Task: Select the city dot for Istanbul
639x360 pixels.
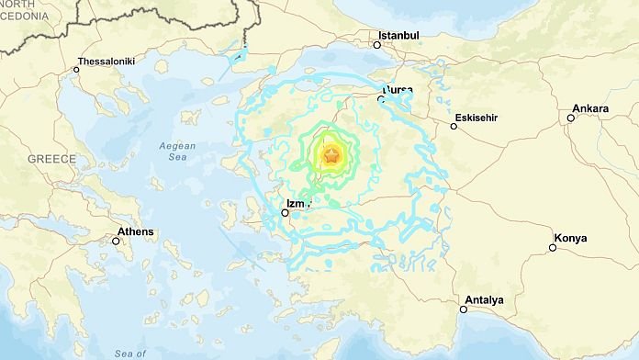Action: (376, 44)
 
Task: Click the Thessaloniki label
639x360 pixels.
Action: (106, 61)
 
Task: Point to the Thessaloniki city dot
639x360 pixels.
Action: (76, 70)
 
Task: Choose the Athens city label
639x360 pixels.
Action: (135, 231)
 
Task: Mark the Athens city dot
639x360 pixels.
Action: (116, 242)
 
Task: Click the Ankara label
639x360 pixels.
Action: (589, 108)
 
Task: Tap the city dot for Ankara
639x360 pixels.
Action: (570, 118)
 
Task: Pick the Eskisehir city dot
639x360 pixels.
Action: (454, 126)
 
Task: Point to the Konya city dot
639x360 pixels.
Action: (553, 247)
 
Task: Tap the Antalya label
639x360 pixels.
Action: (484, 299)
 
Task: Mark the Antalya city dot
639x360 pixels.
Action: (465, 309)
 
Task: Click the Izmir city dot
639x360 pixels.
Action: (286, 213)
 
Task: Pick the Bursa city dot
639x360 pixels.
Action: (382, 99)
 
